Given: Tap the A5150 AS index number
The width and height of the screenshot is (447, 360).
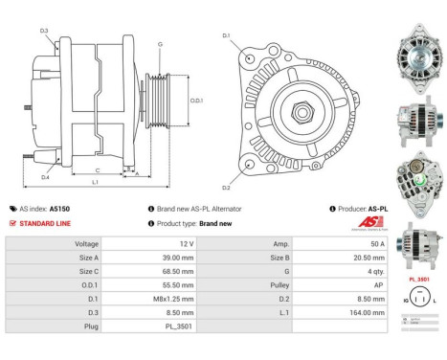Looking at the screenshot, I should click(59, 208).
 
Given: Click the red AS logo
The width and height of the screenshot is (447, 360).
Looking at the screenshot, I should click(374, 224).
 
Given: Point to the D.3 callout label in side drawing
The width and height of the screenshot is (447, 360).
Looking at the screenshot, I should click(44, 31).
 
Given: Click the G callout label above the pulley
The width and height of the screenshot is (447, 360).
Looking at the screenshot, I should click(160, 44).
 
